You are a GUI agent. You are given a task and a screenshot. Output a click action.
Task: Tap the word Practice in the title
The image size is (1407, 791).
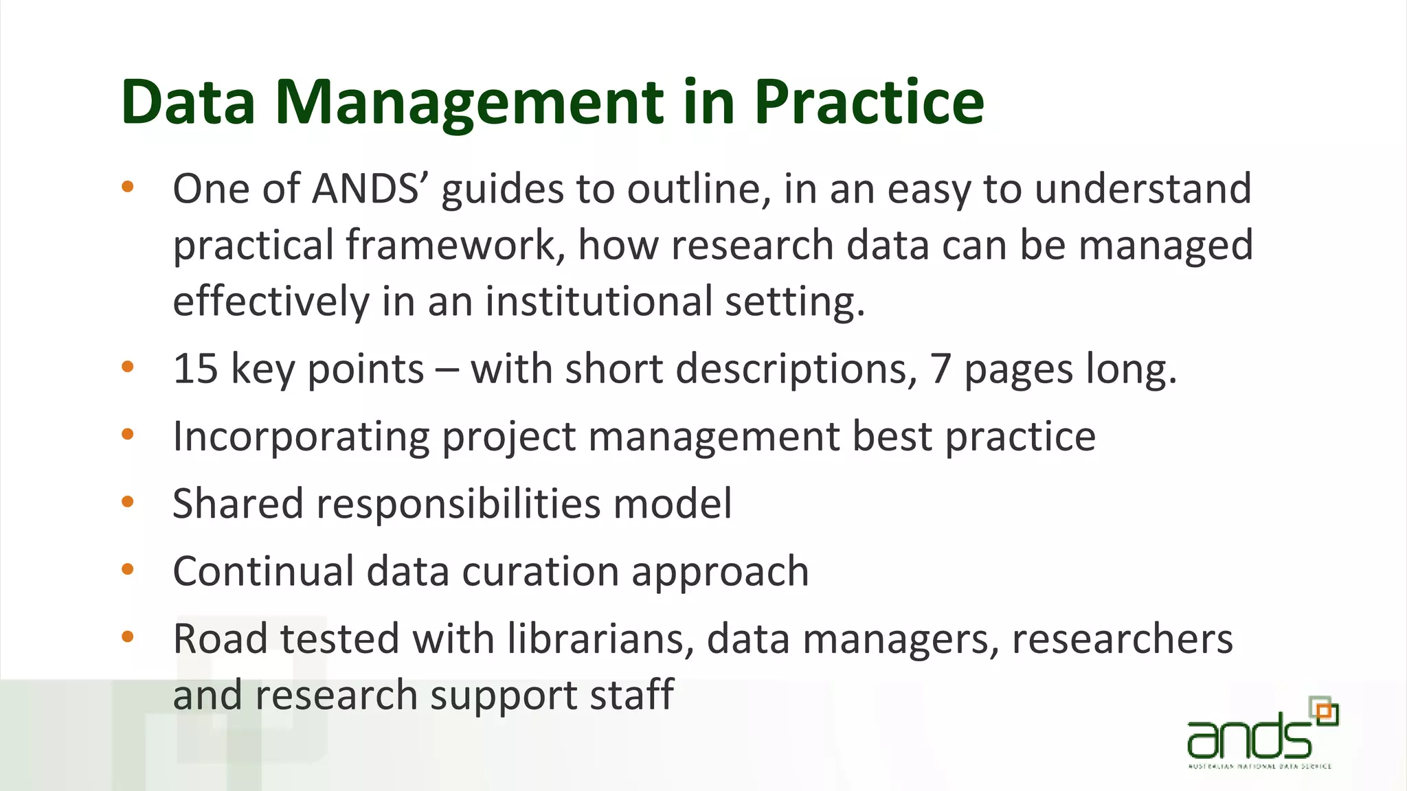click(x=869, y=103)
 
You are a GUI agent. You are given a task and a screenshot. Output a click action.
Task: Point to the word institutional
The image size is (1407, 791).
click(x=598, y=301)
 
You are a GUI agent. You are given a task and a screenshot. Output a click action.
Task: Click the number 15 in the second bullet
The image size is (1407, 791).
click(x=195, y=369)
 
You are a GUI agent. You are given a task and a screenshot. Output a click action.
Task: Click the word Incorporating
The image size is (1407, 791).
click(x=301, y=437)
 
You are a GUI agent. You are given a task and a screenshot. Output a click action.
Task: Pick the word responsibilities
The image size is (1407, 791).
click(x=458, y=504)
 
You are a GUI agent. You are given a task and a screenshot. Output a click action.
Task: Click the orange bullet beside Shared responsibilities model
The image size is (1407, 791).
click(x=128, y=502)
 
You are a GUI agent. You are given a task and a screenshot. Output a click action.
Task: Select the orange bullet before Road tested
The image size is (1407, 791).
click(x=128, y=637)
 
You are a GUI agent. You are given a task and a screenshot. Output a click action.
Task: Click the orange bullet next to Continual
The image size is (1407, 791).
click(x=128, y=569)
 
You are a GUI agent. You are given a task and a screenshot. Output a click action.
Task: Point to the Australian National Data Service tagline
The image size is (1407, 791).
click(x=1259, y=766)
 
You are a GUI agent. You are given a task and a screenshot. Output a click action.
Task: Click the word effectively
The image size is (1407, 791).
click(x=271, y=301)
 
